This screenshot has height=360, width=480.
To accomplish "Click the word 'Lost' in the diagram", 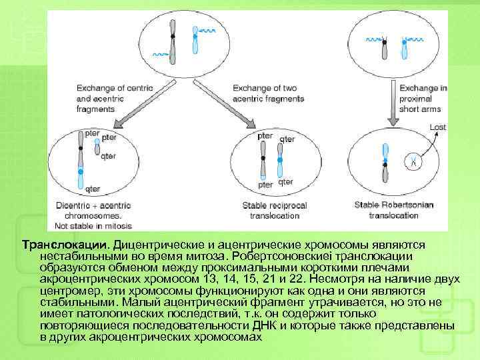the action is click(x=437, y=127).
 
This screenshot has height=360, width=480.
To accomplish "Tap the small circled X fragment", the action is click(x=413, y=160).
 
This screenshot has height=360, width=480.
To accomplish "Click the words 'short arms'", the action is click(x=421, y=109).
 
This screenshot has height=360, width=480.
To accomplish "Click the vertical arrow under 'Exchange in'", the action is click(x=392, y=115).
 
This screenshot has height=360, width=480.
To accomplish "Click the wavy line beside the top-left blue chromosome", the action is click(x=207, y=31).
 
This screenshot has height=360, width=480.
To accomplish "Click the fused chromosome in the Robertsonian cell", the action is click(x=385, y=163).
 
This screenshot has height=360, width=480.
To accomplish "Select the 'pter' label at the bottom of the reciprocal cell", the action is click(x=265, y=185).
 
